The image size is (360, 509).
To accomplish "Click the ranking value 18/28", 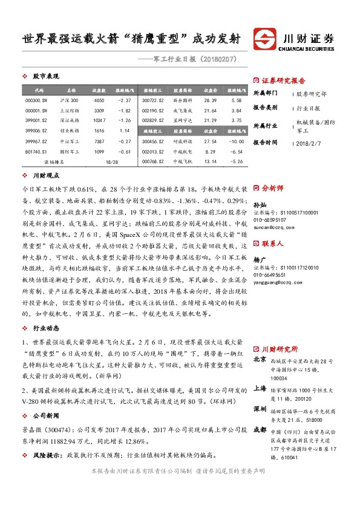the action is (111, 162).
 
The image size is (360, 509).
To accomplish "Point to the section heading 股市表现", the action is (45, 76).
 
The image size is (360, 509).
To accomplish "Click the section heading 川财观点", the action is (45, 175).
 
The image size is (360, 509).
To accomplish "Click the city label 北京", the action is (259, 358).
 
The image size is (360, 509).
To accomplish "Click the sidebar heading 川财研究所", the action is (280, 349).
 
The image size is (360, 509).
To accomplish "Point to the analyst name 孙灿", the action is (259, 206).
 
